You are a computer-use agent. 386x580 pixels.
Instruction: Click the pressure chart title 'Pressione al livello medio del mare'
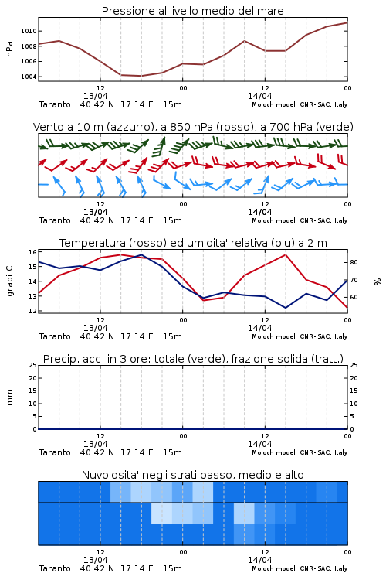192,11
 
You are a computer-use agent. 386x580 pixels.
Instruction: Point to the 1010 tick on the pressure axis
29,31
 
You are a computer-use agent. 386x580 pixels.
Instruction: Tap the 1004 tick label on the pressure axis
29,77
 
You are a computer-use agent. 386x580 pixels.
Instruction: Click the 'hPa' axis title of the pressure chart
9,49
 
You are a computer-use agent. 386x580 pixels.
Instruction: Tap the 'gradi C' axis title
10,281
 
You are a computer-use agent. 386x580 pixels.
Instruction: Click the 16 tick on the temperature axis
32,252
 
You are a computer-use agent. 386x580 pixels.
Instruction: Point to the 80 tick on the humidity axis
354,262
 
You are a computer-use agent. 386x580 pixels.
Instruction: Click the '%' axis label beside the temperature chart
378,281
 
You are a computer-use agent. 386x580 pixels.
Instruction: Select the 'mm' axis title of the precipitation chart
9,397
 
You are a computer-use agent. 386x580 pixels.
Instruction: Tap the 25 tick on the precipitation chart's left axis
32,365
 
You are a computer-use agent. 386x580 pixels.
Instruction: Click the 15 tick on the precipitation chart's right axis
354,391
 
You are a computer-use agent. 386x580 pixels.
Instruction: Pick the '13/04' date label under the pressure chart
95,96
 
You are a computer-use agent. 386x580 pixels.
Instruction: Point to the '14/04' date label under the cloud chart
259,560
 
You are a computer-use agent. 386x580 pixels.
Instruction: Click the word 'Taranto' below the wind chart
54,220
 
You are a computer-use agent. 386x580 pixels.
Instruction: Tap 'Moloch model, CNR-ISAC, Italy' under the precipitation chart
300,452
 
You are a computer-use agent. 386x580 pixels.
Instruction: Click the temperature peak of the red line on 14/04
286,254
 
